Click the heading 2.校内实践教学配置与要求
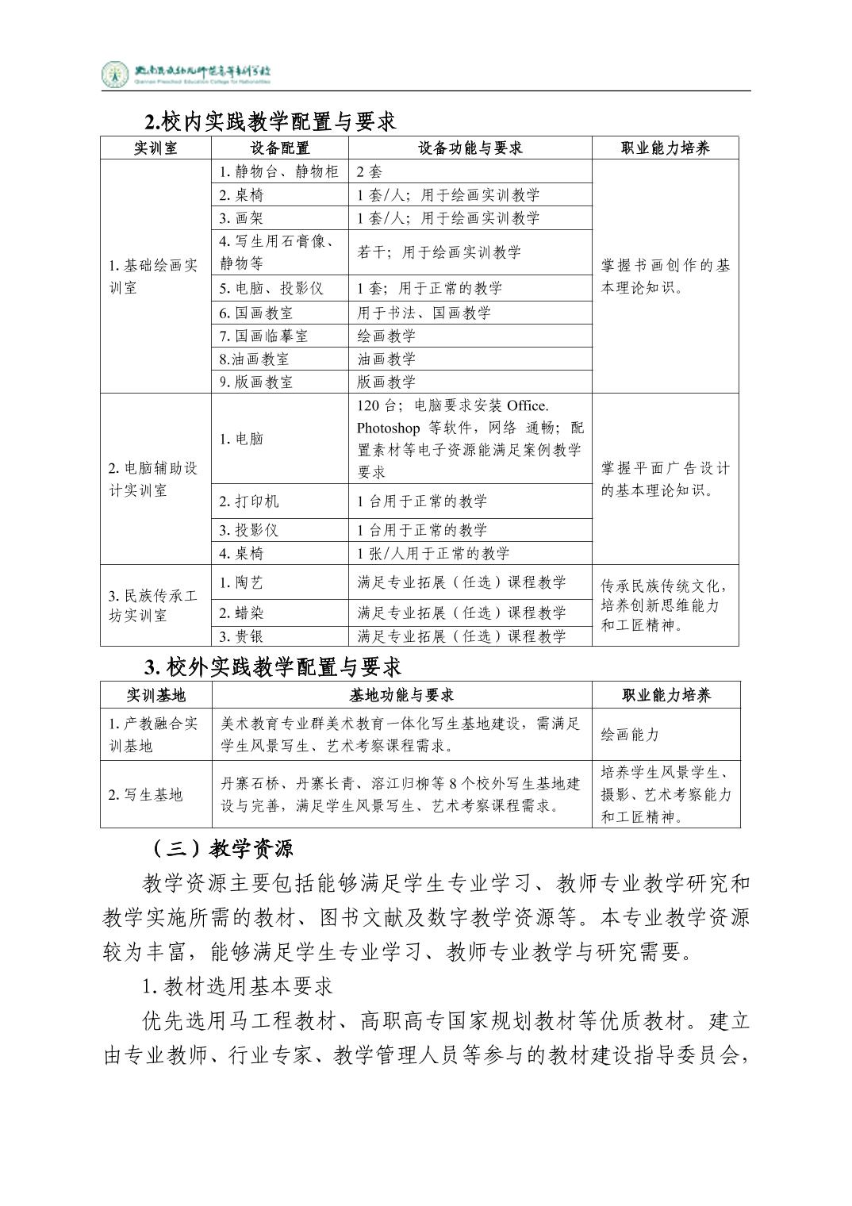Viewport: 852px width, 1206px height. [x=270, y=121]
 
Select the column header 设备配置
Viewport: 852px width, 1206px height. [x=279, y=148]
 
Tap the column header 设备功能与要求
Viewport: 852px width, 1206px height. [x=470, y=148]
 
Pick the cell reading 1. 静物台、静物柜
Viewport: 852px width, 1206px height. [x=279, y=171]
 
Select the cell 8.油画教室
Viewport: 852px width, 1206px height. [x=254, y=359]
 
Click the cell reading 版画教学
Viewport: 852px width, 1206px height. [x=386, y=382]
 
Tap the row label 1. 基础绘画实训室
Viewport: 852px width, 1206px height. [x=154, y=276]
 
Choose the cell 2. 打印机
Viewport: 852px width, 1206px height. [x=249, y=501]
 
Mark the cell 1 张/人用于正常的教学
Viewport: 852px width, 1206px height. [x=433, y=553]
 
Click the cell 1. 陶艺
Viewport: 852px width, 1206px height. [x=241, y=582]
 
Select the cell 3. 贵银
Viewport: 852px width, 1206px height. [x=241, y=636]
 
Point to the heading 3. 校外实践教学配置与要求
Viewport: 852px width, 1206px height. [x=273, y=666]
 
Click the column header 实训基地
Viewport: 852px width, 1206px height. [x=155, y=695]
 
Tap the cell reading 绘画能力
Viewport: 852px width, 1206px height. [x=630, y=735]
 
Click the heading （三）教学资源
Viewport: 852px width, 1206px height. [x=219, y=849]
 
